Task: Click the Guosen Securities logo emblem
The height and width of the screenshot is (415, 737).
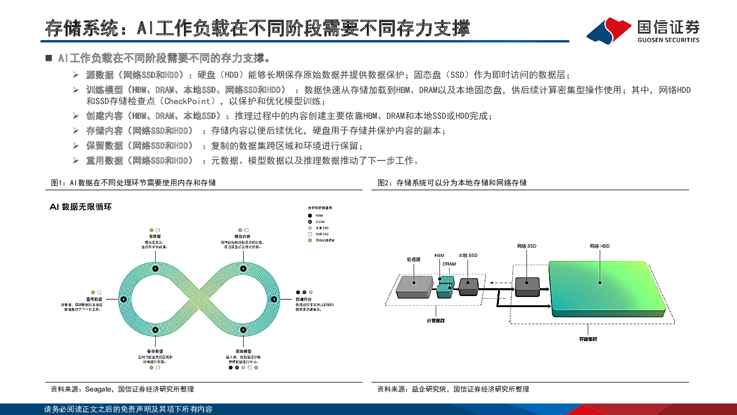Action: [609, 30]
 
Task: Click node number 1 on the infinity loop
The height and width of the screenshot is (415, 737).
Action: [155, 268]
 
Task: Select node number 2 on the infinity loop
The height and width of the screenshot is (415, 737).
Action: [243, 330]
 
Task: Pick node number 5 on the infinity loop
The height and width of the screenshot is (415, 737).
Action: [155, 330]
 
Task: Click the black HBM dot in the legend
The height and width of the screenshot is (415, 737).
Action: [310, 215]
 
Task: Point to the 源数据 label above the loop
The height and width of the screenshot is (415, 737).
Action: [155, 237]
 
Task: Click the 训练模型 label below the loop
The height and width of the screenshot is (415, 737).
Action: [243, 351]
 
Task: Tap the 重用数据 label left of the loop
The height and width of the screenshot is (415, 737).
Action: [94, 299]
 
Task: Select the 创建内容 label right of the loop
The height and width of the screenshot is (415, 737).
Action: [304, 299]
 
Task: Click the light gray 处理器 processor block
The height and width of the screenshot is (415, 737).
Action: [415, 286]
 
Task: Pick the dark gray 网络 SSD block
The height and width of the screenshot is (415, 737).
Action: [527, 286]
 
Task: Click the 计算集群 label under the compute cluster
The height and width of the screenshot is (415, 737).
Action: [436, 320]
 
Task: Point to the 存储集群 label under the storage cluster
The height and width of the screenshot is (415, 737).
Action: [588, 339]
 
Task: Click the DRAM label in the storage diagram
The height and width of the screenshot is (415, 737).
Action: [449, 264]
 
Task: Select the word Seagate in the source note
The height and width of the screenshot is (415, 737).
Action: [98, 389]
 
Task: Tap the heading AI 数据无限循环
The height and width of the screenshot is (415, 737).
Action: [81, 207]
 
